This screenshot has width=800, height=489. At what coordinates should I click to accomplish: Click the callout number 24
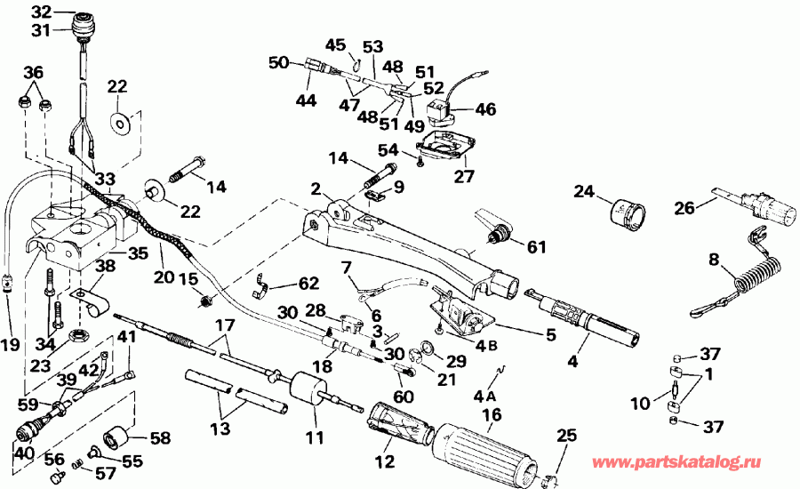click(x=583, y=191)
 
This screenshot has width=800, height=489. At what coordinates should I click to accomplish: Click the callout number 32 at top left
click(x=42, y=12)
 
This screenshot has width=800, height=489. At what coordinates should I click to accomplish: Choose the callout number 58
click(x=160, y=438)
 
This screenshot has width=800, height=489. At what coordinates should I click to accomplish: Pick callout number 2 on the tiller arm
click(x=316, y=188)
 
